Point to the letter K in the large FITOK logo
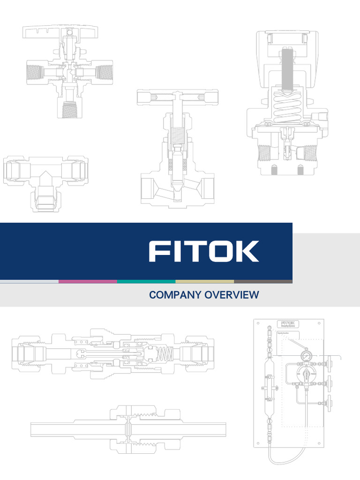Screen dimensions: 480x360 click(x=247, y=251)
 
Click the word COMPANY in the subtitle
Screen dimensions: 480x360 click(x=172, y=295)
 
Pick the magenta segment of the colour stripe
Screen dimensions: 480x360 click(x=88, y=282)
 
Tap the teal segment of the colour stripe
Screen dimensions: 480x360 click(x=146, y=282)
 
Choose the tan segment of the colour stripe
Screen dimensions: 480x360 click(x=205, y=282)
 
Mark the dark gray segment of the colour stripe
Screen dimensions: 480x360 click(x=263, y=282)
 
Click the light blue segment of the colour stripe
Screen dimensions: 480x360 click(x=29, y=282)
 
